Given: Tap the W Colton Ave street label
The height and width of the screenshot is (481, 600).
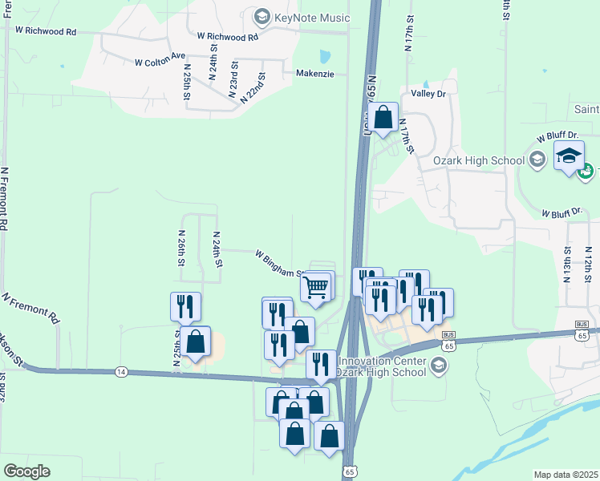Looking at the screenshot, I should (160, 60).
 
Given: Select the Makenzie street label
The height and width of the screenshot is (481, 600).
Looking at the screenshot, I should (314, 72).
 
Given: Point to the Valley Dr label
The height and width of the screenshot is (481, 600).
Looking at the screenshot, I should (428, 94).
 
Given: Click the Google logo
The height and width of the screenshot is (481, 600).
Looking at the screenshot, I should (26, 471).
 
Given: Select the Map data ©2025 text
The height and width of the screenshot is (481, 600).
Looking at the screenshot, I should (566, 475).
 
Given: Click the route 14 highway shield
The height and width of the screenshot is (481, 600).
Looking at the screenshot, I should (121, 372).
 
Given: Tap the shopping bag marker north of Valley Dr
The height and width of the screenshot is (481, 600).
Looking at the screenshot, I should (385, 116).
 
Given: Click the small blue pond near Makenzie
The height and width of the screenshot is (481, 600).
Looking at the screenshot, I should (324, 57).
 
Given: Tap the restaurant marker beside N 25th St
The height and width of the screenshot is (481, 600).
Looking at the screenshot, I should (185, 305).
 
